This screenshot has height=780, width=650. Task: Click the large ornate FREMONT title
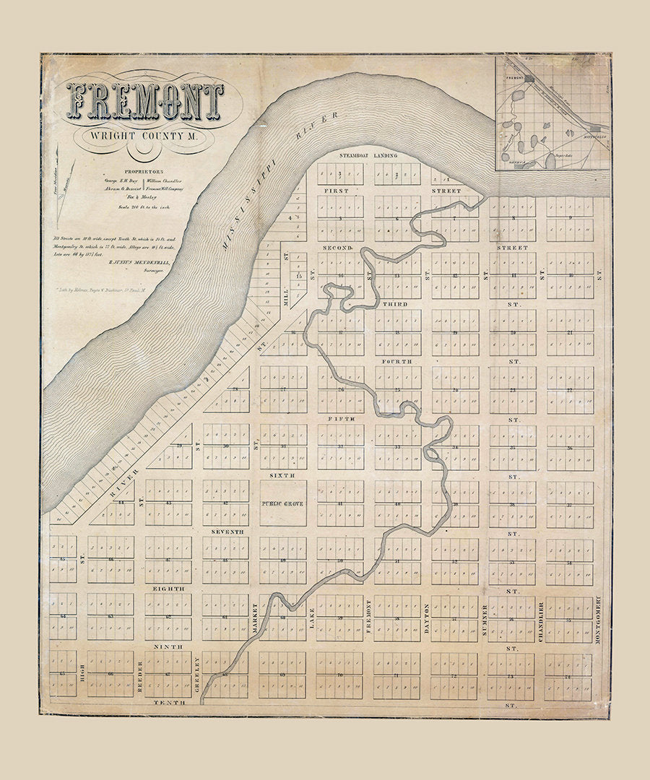[x=145, y=101]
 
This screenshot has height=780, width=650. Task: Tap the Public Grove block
[x=282, y=503]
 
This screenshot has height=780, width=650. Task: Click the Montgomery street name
[x=598, y=614]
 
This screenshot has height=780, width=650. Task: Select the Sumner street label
[x=484, y=620]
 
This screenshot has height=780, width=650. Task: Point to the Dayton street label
[x=426, y=620]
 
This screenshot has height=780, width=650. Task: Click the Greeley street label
[x=197, y=675]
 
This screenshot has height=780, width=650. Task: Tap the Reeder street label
[x=140, y=677]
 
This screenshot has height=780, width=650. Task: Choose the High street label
[x=83, y=677]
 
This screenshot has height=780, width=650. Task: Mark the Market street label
[x=255, y=620]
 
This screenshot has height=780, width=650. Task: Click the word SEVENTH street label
[x=227, y=532]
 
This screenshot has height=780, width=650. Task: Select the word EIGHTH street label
[x=168, y=589]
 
